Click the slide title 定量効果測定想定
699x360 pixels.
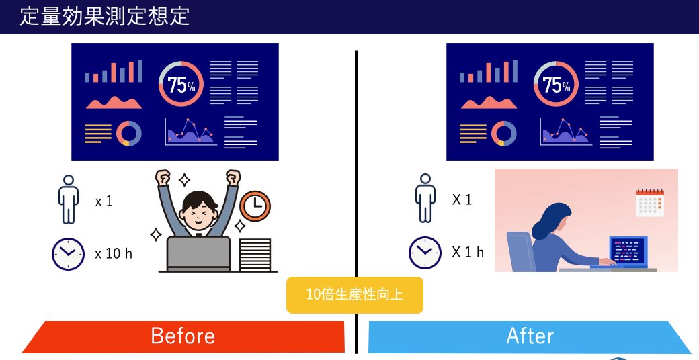pyautogui.click(x=105, y=16)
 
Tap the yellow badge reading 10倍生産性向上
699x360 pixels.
pyautogui.click(x=354, y=295)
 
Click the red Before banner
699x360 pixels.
pyautogui.click(x=183, y=336)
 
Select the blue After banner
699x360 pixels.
pyautogui.click(x=530, y=336)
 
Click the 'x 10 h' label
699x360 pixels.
pyautogui.click(x=114, y=253)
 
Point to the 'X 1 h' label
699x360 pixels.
pyautogui.click(x=468, y=252)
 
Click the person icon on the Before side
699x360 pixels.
pyautogui.click(x=68, y=199)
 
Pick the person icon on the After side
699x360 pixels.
pyautogui.click(x=425, y=198)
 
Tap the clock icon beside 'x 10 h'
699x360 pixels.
pyautogui.click(x=68, y=254)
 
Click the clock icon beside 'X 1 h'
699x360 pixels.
pyautogui.click(x=425, y=253)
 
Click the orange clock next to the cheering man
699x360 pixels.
pyautogui.click(x=255, y=206)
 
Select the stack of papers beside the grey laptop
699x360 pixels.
pyautogui.click(x=255, y=255)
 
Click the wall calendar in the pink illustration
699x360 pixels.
pyautogui.click(x=650, y=203)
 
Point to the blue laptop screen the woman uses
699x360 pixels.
pyautogui.click(x=628, y=251)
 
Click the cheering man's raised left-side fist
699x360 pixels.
pyautogui.click(x=163, y=177)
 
